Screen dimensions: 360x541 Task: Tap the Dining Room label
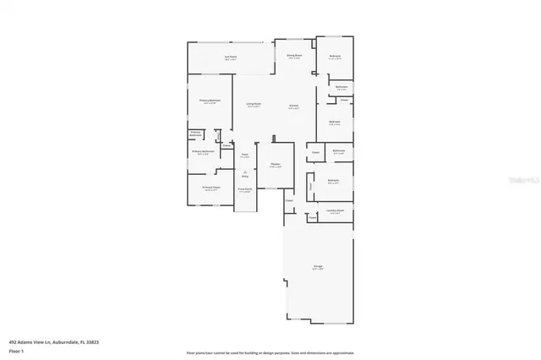click(x=294, y=57)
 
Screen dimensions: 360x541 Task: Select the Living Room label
click(x=253, y=105)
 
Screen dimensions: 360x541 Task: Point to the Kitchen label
click(x=293, y=106)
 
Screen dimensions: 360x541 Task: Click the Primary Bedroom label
click(x=210, y=101)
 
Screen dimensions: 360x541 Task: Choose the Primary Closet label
click(x=210, y=188)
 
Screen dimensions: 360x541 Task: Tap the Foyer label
click(x=244, y=155)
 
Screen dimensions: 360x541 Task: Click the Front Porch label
click(x=244, y=190)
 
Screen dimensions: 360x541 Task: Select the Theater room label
click(x=275, y=165)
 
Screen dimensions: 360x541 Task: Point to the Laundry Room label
click(x=334, y=211)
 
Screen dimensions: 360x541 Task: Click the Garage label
click(x=318, y=267)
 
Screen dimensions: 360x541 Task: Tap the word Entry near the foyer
click(x=245, y=176)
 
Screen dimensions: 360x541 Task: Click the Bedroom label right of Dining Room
click(x=335, y=57)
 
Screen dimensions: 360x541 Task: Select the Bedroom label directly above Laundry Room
click(x=334, y=181)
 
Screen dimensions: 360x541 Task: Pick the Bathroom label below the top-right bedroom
click(x=341, y=87)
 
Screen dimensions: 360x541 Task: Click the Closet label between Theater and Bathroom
click(x=315, y=152)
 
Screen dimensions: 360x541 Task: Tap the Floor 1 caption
click(x=17, y=350)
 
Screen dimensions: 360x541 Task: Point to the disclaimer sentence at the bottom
click(x=270, y=352)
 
